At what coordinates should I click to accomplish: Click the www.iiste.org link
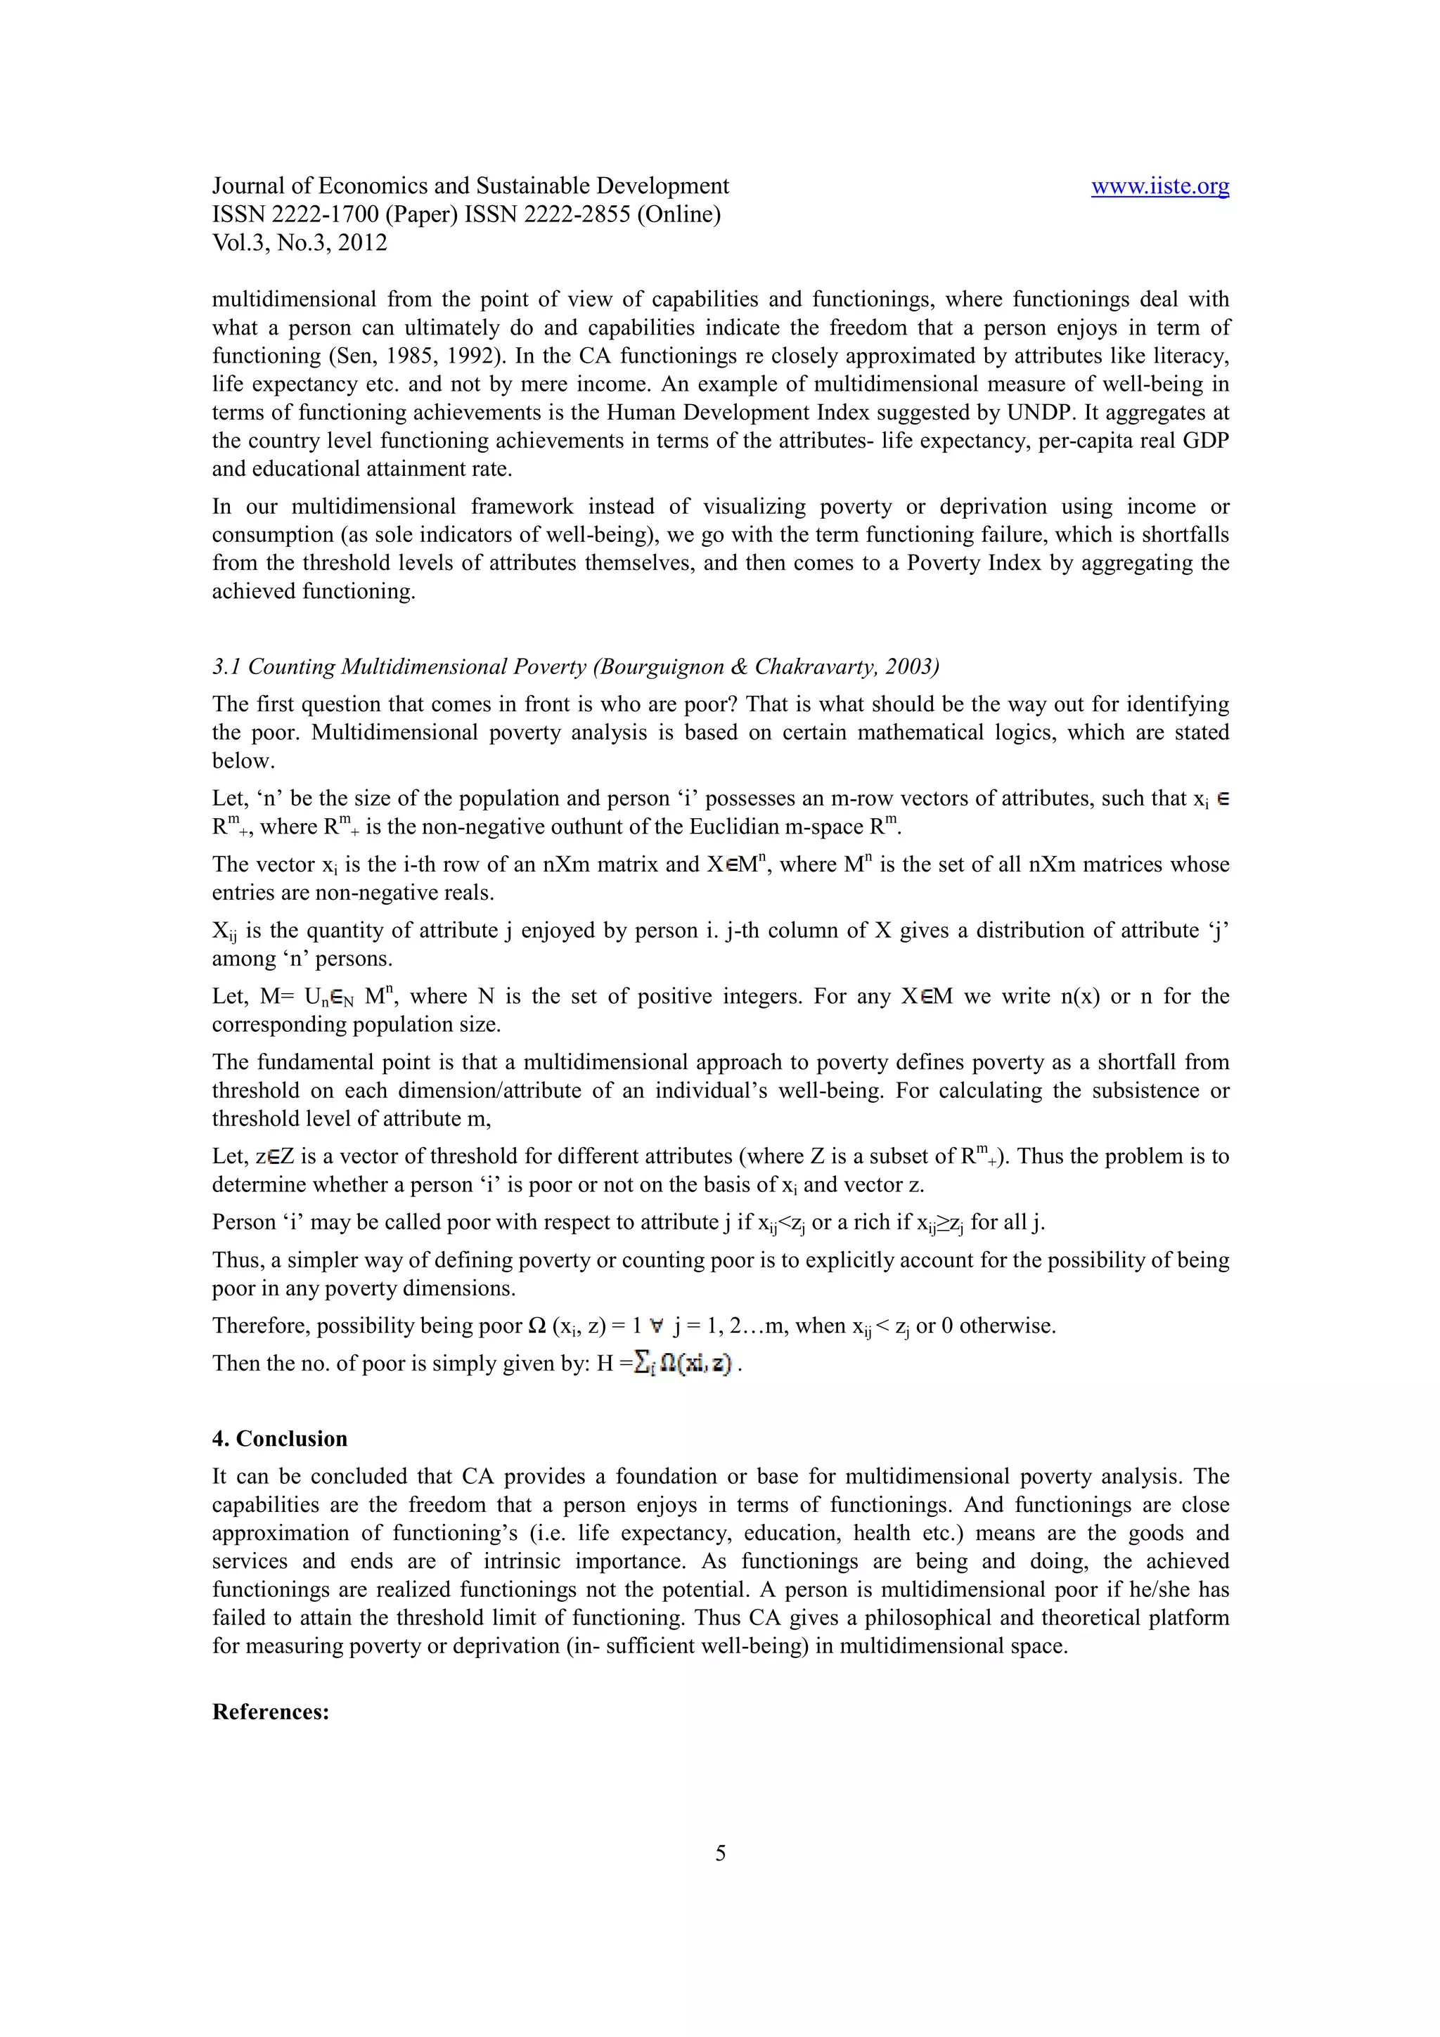(1159, 186)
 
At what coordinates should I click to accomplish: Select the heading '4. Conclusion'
(279, 1439)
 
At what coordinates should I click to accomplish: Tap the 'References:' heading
(271, 1712)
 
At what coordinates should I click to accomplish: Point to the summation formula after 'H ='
(686, 1363)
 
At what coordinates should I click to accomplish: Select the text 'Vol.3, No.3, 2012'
(300, 243)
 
